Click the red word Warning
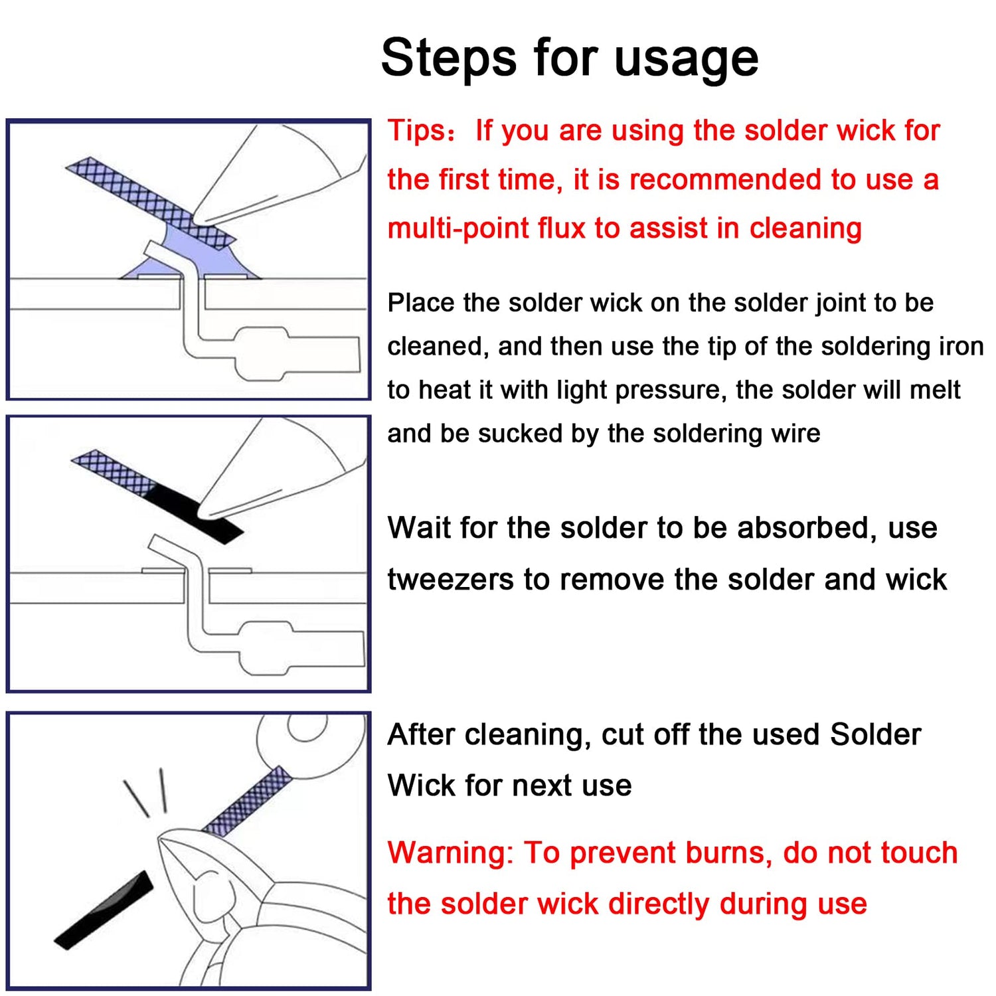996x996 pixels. [450, 853]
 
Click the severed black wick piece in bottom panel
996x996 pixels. [104, 910]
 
